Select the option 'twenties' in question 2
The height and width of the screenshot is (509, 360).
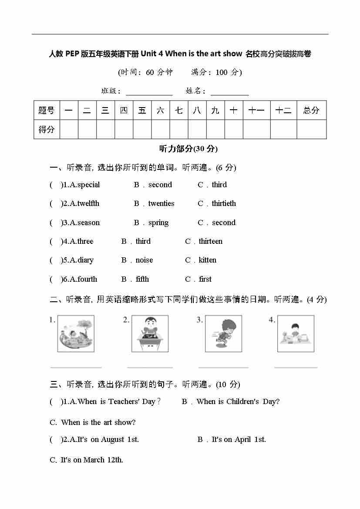161,203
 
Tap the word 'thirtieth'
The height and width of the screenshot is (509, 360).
224,203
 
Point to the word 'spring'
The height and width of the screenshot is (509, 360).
158,222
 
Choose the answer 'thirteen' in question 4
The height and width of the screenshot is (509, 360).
210,241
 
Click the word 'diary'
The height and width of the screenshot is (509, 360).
85,260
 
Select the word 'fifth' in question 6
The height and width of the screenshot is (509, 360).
142,279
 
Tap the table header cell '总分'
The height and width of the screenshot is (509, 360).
311,111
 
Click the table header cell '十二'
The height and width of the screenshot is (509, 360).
283,111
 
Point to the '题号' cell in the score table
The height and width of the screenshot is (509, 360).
47,111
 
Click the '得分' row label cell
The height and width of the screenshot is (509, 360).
47,129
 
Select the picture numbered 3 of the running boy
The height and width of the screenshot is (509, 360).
223,334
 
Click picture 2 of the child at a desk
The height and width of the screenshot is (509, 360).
150,334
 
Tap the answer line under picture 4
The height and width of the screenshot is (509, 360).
296,367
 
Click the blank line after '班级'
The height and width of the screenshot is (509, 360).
149,94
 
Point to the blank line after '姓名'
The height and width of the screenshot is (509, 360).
229,94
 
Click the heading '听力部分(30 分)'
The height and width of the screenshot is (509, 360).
188,149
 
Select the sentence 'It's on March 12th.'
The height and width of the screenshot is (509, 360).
91,460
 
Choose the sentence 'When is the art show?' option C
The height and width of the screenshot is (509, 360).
98,422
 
